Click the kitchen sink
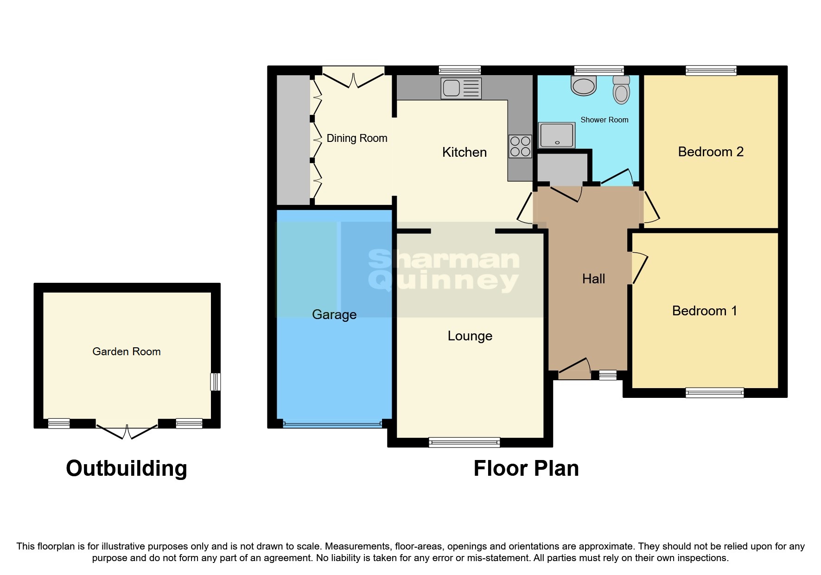coord(461,88)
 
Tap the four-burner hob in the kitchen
coord(520,146)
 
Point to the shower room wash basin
coord(584,86)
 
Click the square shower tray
coord(556,135)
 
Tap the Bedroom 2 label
coord(710,152)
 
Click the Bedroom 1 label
coord(704,311)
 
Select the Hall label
coord(593,279)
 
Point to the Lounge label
coord(470,336)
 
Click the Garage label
coord(334,314)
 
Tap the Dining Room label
coord(356,138)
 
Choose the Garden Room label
coord(127,351)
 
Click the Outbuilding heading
coord(127,468)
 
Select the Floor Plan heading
coord(526,468)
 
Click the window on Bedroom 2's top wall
coord(711,70)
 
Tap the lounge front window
coord(464,442)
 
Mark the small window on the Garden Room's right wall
coord(215,382)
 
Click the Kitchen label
coord(464,152)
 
